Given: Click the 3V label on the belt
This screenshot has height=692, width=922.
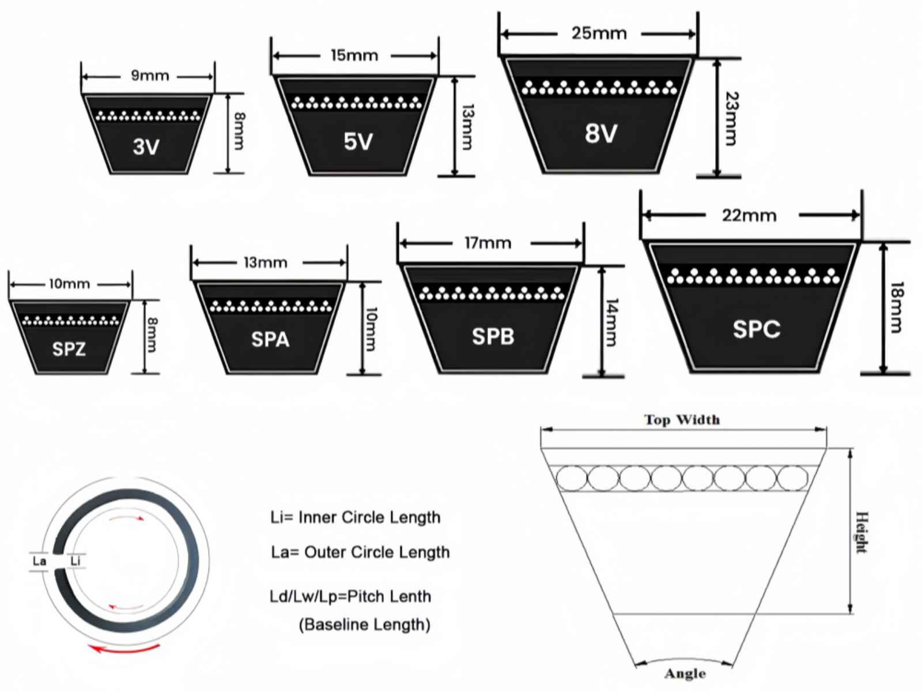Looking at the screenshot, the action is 146,147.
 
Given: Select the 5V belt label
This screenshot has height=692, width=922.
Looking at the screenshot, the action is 358,142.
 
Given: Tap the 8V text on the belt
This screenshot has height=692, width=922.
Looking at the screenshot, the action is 601,133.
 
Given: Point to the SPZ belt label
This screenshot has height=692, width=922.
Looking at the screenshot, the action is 69,349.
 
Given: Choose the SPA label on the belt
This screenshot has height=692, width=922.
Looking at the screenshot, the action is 270,340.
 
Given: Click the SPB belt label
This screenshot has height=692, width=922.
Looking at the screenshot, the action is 493,337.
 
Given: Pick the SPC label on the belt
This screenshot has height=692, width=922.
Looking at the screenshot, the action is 757,329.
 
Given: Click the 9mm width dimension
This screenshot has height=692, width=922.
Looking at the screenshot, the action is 150,76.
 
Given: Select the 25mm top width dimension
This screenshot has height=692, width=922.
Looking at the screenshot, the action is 599,33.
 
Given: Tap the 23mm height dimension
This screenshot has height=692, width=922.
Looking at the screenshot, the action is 731,119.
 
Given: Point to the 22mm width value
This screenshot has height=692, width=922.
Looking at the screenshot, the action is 749,216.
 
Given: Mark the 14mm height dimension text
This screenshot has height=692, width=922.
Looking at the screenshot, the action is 612,323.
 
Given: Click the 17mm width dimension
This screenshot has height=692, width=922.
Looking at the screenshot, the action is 488,243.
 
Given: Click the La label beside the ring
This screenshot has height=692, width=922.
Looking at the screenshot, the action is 40,561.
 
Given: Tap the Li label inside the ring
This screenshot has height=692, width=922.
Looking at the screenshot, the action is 75,561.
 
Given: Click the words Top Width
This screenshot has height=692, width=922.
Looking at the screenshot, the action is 682,420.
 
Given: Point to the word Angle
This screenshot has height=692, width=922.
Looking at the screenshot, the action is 685,674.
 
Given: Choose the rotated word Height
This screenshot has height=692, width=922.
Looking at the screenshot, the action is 861,532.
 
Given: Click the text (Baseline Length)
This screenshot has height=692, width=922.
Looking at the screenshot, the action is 365,625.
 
